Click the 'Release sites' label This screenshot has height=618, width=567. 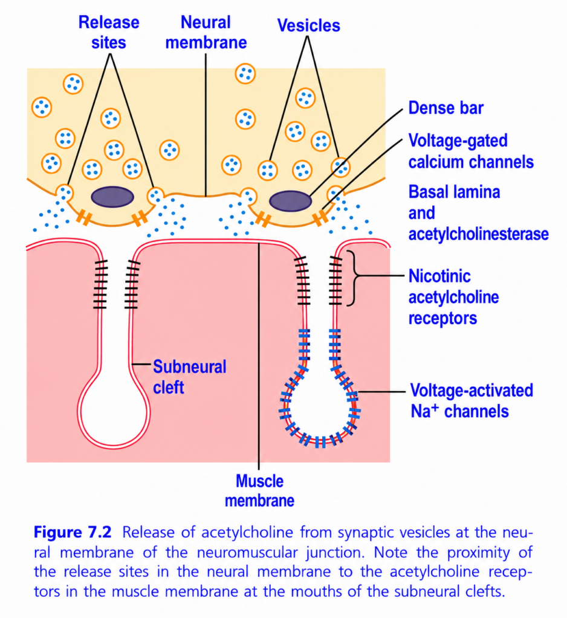[109, 33]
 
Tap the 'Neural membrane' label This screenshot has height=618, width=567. [206, 33]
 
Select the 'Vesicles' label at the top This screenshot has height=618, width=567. [308, 25]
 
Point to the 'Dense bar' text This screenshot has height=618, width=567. [445, 108]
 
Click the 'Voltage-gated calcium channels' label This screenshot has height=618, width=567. [471, 151]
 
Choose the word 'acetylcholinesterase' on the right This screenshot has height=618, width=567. [478, 234]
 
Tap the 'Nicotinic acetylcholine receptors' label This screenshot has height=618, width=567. [453, 297]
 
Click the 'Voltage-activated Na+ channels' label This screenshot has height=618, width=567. [471, 401]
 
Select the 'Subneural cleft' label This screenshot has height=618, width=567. [190, 377]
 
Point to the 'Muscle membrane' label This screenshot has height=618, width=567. [259, 491]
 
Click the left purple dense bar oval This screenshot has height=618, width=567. [112, 197]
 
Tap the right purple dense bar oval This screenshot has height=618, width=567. [290, 201]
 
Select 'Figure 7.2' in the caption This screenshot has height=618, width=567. [73, 532]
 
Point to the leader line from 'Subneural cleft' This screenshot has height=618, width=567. [141, 364]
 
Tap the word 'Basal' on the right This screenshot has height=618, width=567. [428, 193]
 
